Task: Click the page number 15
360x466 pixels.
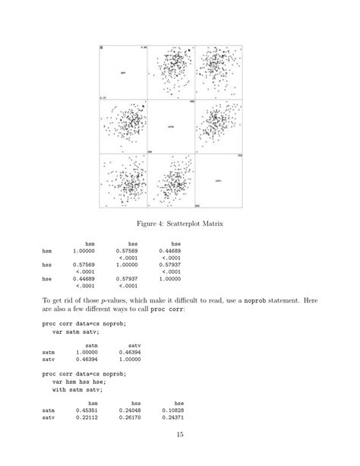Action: point(180,435)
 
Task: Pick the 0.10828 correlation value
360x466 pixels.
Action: point(173,410)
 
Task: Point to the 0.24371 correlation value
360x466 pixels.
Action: point(173,417)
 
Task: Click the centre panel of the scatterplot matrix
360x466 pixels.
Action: point(171,128)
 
